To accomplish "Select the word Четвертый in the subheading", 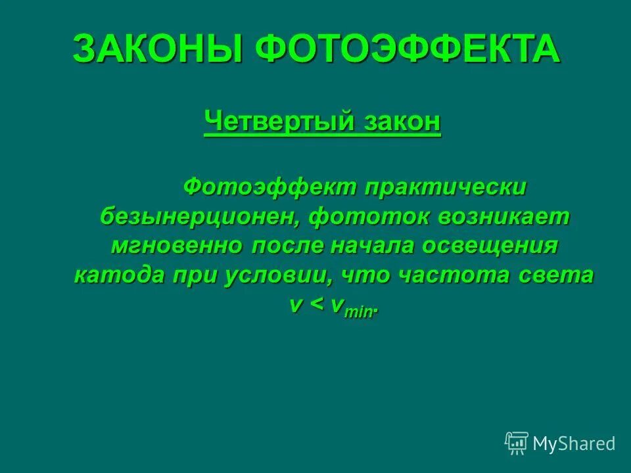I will pos(281,122).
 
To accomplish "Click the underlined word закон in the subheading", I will pos(402,122).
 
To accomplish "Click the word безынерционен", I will pos(200,217).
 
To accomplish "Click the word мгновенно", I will pos(177,246).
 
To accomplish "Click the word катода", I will pos(118,275).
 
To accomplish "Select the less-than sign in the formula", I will pos(317,305).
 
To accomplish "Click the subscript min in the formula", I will pos(358,312).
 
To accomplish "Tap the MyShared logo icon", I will pos(517,443).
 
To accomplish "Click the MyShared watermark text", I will pos(574,444).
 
